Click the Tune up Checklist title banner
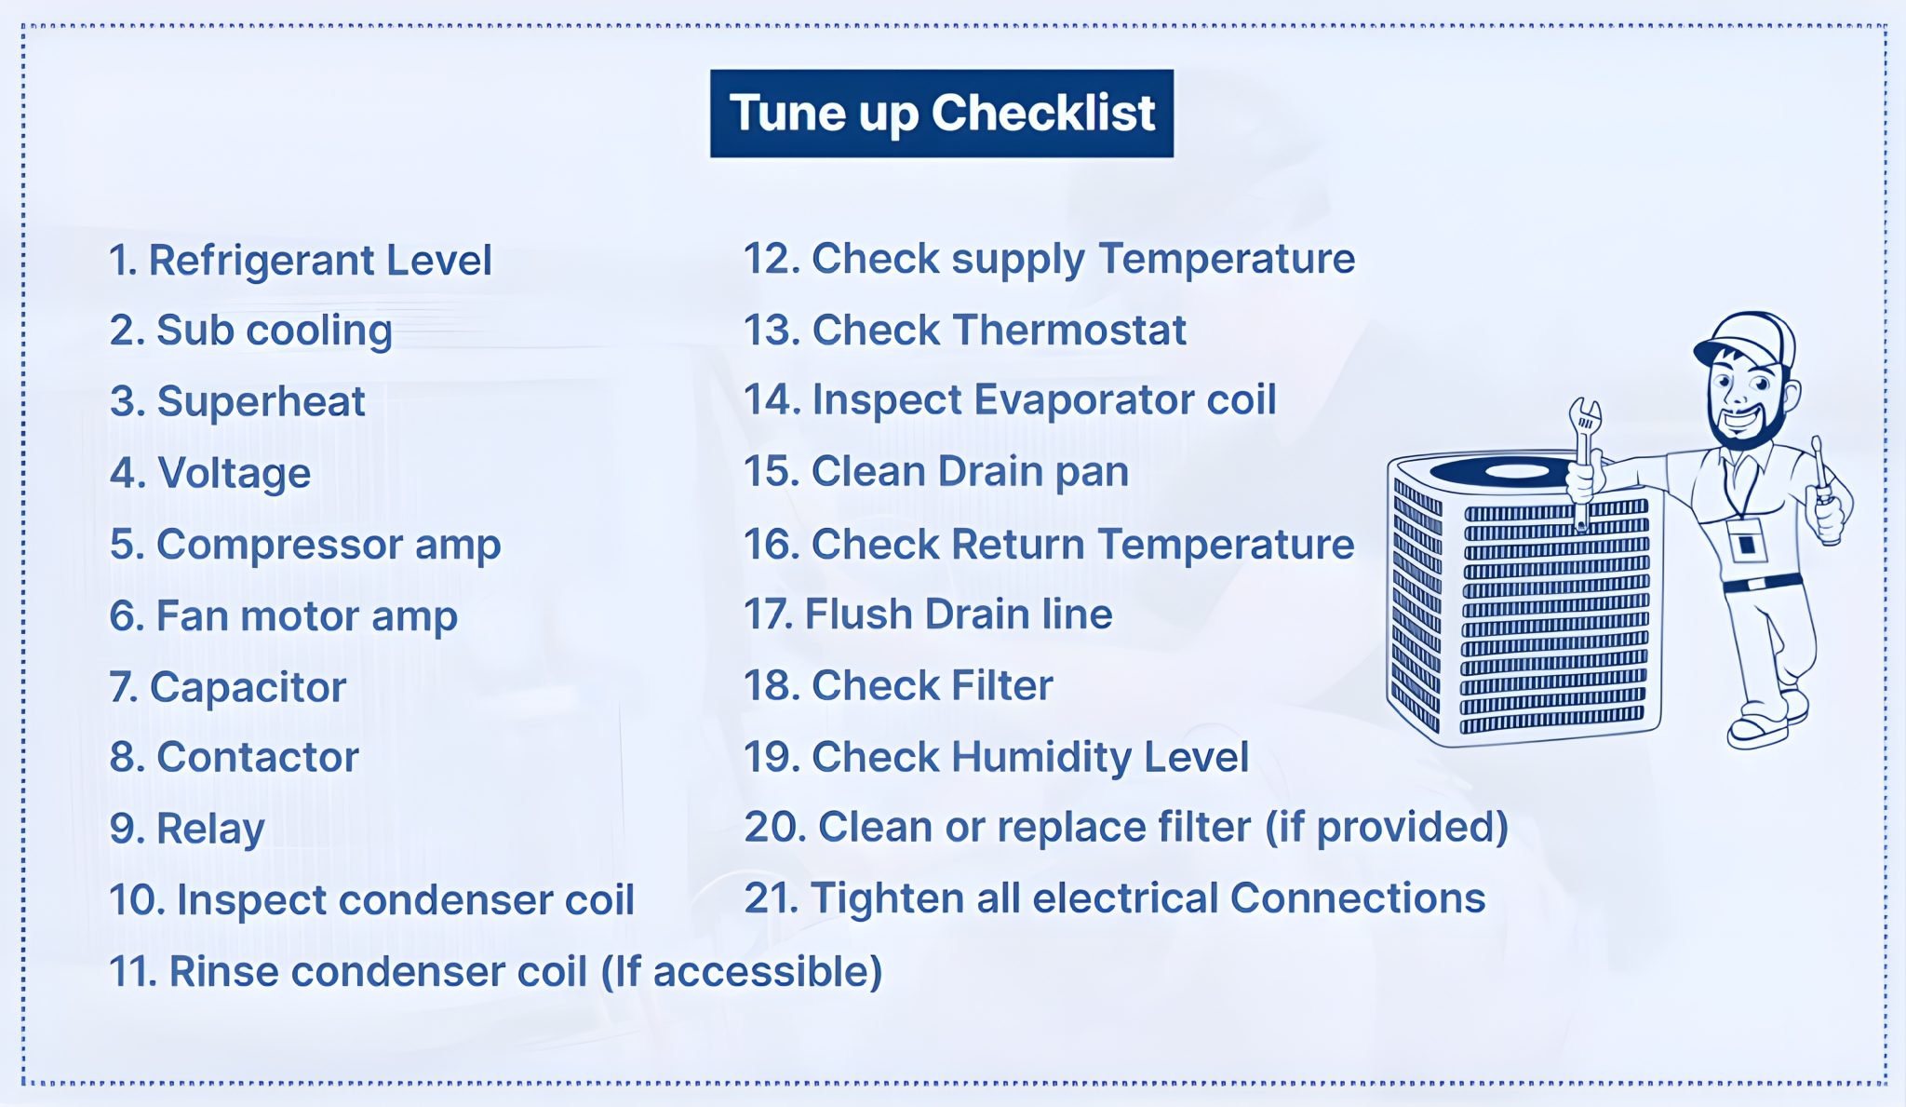click(941, 114)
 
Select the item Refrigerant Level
click(300, 260)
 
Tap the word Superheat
click(261, 402)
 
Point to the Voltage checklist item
click(209, 473)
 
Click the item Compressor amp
click(304, 546)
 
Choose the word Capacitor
click(248, 688)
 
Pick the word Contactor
click(258, 757)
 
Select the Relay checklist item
click(186, 829)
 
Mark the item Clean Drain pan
click(935, 472)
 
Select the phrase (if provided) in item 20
click(1387, 828)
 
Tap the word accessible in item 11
click(768, 972)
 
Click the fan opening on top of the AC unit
click(1516, 471)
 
